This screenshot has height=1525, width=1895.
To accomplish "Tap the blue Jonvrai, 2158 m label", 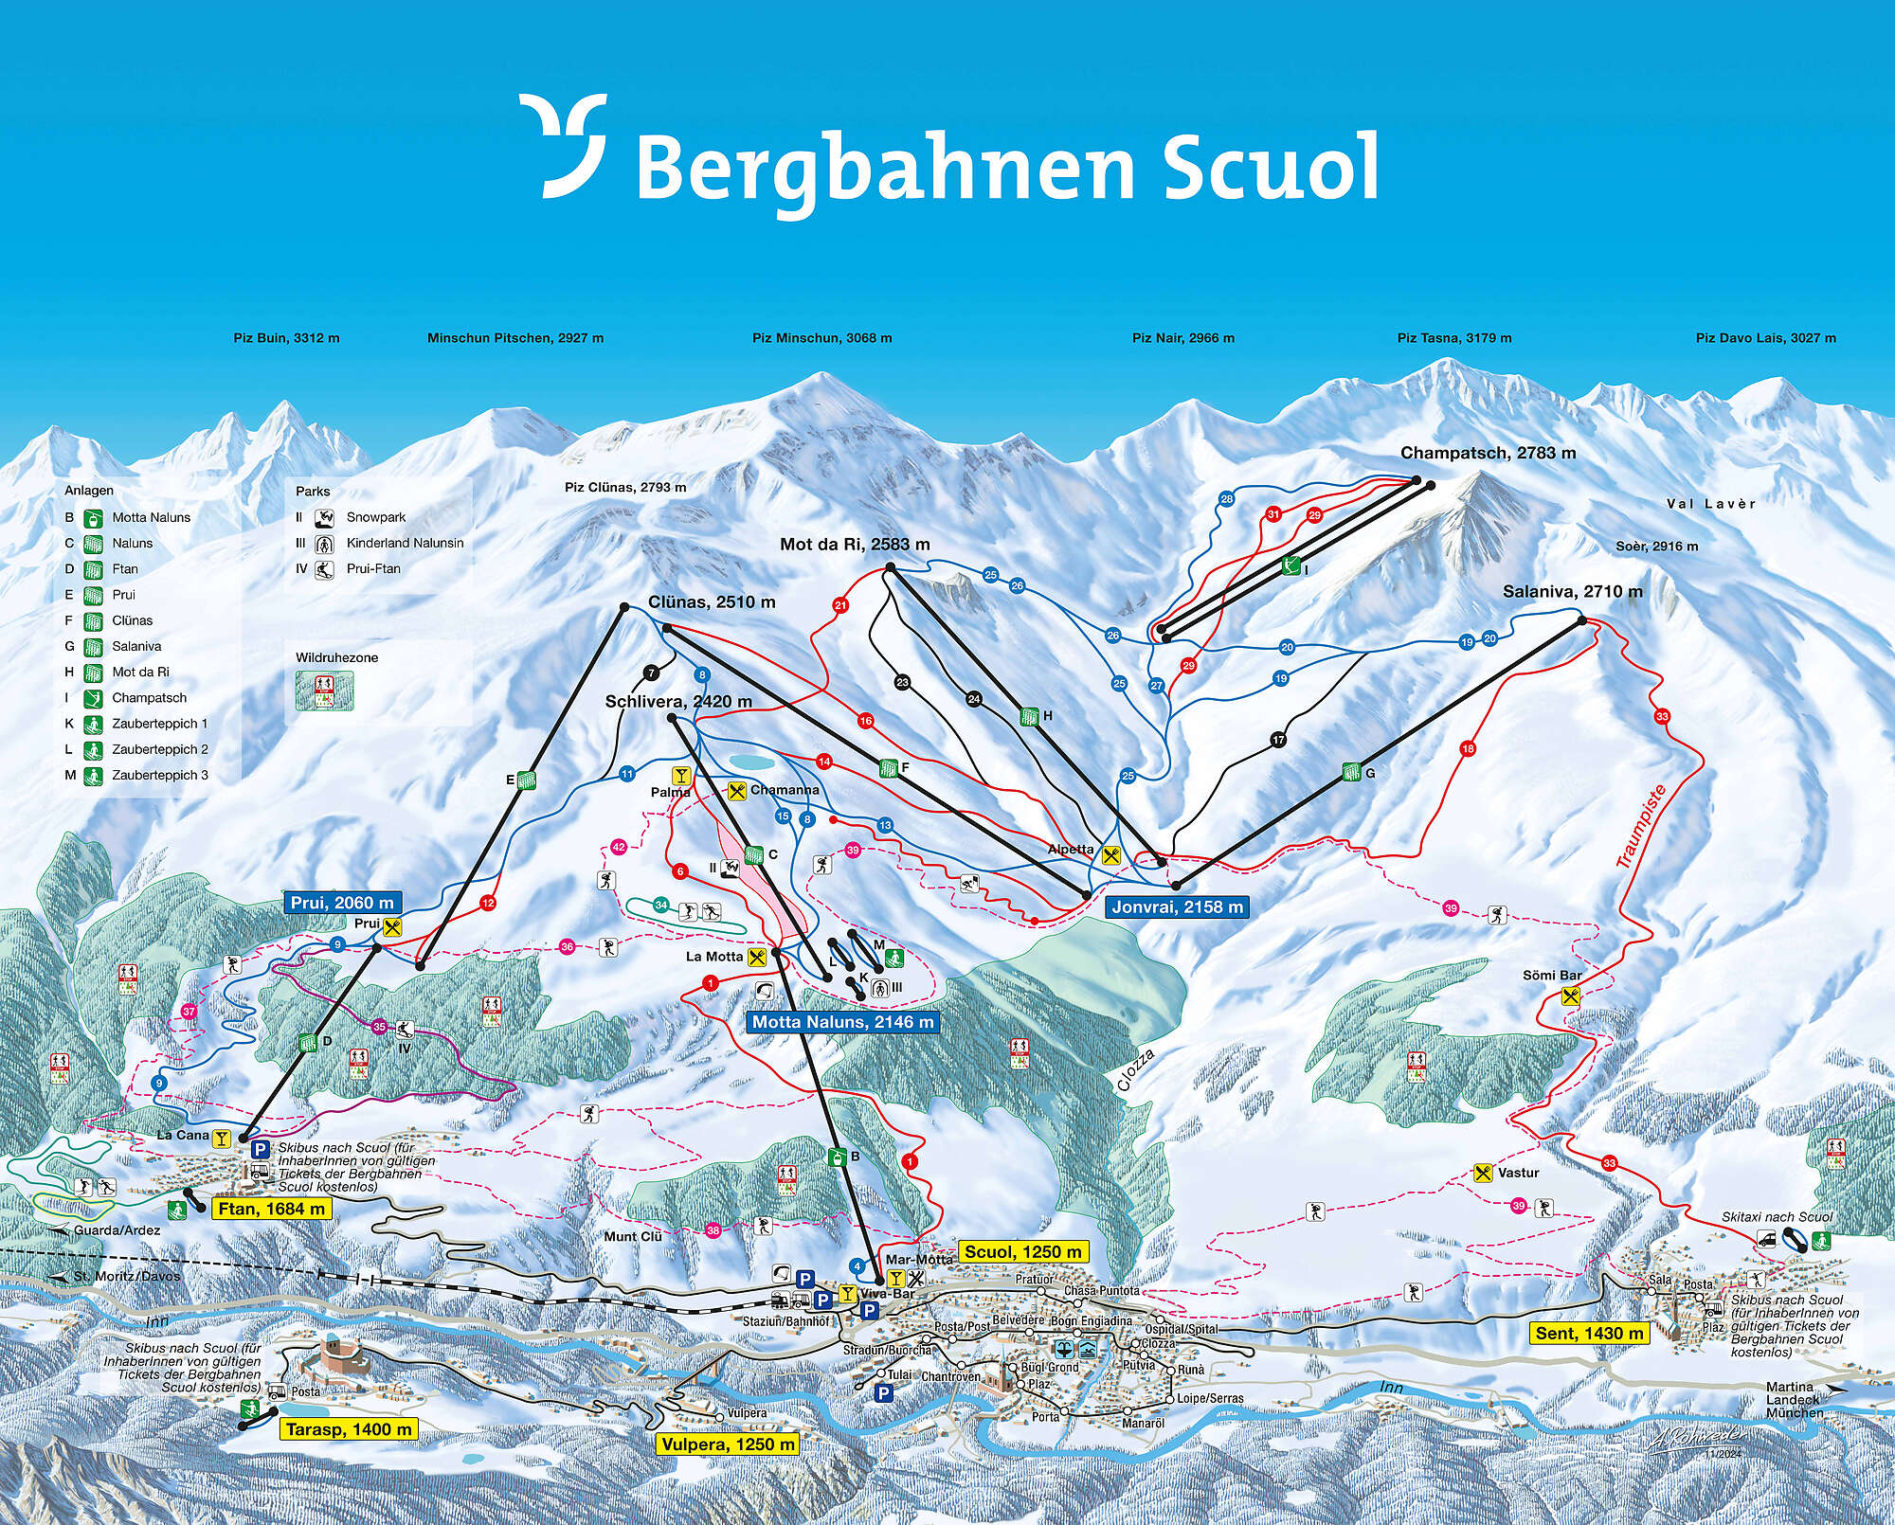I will tap(1177, 906).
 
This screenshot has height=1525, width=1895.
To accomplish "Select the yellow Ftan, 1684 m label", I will tap(271, 1209).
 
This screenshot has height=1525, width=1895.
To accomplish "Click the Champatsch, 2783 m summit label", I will tap(1488, 453).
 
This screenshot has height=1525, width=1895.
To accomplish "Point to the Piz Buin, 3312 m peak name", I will tap(286, 338).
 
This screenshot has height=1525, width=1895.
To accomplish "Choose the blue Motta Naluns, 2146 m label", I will tap(842, 1022).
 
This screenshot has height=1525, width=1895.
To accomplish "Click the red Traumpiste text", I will tap(1640, 827).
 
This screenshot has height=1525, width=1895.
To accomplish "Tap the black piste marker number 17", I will tap(1278, 740).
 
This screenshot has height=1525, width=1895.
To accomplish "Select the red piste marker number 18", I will tap(1468, 749).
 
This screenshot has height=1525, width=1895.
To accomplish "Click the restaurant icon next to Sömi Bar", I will tap(1571, 996).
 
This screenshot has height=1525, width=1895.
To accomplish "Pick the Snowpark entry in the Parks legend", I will tap(375, 517).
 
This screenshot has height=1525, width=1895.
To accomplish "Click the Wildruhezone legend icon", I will tap(324, 691).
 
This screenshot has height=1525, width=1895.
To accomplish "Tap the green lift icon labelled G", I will tap(1351, 773).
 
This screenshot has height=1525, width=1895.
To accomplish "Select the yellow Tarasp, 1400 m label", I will tap(349, 1429).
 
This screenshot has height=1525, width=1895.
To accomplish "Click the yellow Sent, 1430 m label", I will tap(1589, 1333).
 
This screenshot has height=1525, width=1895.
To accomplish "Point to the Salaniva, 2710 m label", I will tap(1572, 591).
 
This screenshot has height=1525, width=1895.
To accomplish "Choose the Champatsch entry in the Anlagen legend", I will tap(149, 697).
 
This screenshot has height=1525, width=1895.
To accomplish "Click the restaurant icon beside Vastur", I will tap(1483, 1173).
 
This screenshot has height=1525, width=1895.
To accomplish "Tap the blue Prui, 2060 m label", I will tap(341, 903).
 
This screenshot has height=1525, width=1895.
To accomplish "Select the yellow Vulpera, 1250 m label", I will tap(728, 1444).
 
